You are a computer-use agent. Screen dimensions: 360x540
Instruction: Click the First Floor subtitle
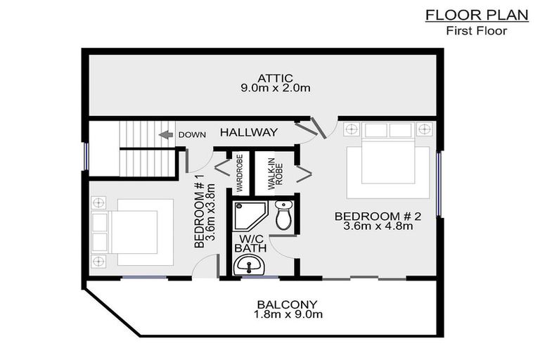477,31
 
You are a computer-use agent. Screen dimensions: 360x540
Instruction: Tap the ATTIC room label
274,77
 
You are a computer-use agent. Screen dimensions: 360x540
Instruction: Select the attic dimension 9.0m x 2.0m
274,89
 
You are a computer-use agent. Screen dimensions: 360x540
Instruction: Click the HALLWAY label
248,132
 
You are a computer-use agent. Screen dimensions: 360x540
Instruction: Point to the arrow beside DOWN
165,134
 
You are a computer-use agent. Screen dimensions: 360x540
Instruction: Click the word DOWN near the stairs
192,134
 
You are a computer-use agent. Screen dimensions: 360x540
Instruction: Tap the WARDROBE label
239,172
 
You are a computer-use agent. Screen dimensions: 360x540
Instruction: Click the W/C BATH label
249,243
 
